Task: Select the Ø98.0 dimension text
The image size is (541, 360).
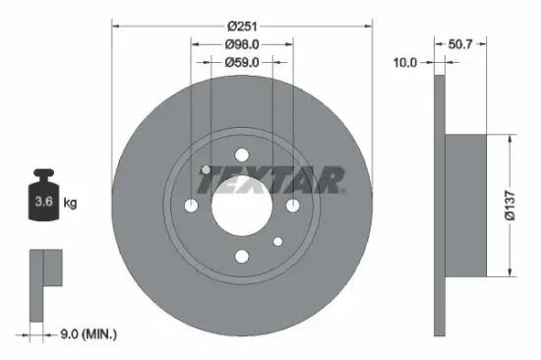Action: pos(242,44)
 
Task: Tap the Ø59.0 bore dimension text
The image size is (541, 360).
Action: pos(242,62)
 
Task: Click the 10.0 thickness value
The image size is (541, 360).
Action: pos(405,62)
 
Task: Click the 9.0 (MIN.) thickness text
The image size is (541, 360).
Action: pos(88,334)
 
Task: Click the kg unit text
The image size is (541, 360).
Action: pos(71,204)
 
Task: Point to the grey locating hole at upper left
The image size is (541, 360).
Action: pos(205,169)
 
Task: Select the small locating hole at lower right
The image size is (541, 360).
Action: pos(278,241)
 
